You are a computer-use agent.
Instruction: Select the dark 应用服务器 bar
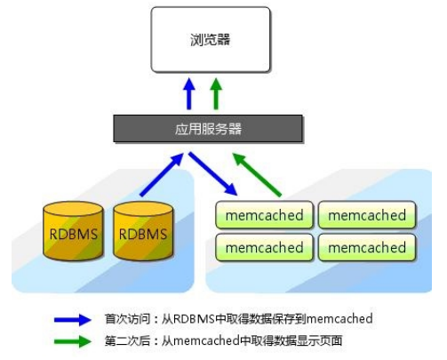click(207, 129)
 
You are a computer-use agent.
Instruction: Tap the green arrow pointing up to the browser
click(216, 94)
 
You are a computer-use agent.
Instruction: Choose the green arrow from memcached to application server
click(257, 174)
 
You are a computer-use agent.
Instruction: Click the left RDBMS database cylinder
click(70, 234)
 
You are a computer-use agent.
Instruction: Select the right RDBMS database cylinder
click(142, 234)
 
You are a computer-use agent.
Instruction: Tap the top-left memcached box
click(264, 215)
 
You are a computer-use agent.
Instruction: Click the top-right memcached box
click(367, 215)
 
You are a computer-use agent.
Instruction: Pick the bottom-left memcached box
click(264, 247)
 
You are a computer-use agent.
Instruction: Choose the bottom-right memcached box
click(367, 247)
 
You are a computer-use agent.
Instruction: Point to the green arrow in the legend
click(72, 340)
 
